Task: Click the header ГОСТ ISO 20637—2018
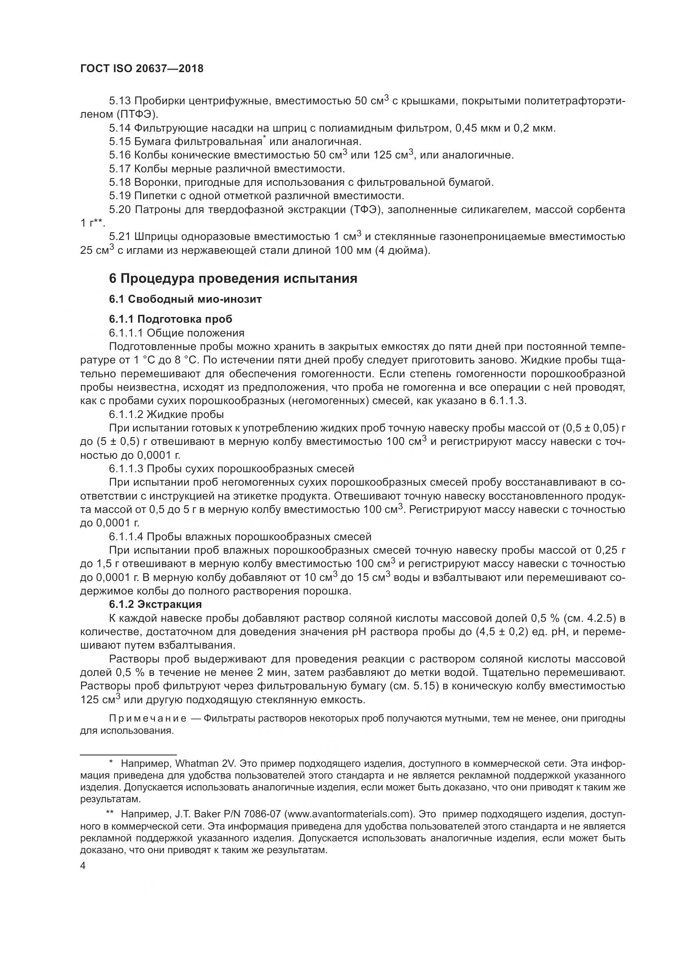141,69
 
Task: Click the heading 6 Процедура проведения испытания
233,278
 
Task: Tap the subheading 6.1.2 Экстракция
155,604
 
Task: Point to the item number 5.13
119,101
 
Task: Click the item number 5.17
119,169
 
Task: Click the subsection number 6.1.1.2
126,414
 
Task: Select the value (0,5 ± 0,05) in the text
590,428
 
